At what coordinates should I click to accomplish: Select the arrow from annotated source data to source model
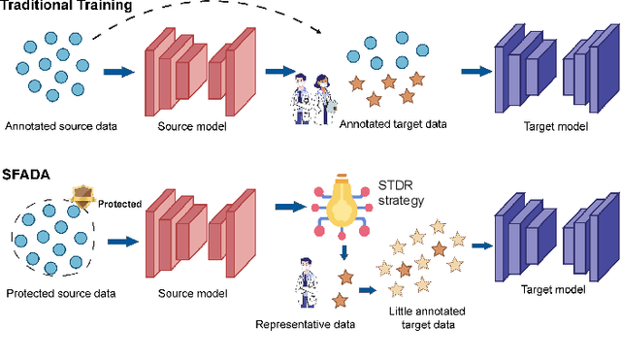[119, 72]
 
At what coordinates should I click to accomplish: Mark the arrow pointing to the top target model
[474, 71]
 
